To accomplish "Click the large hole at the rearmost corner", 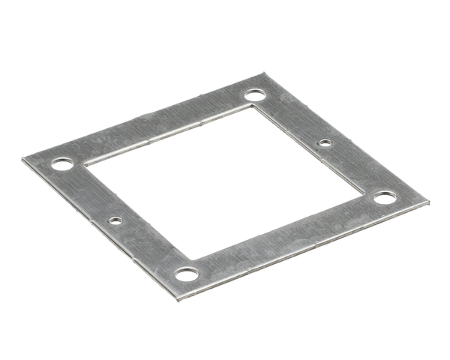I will tap(254, 95).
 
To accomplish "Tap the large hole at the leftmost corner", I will tap(62, 163).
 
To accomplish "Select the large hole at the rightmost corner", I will tap(384, 198).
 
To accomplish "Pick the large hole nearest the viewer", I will tap(187, 274).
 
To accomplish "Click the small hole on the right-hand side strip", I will tap(324, 142).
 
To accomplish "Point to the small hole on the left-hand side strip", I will tap(115, 220).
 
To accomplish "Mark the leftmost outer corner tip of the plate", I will tap(22, 157).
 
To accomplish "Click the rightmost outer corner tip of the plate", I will tap(428, 202).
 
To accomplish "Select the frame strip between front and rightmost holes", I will tap(289, 238).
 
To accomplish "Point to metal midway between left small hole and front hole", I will tap(150, 247).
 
